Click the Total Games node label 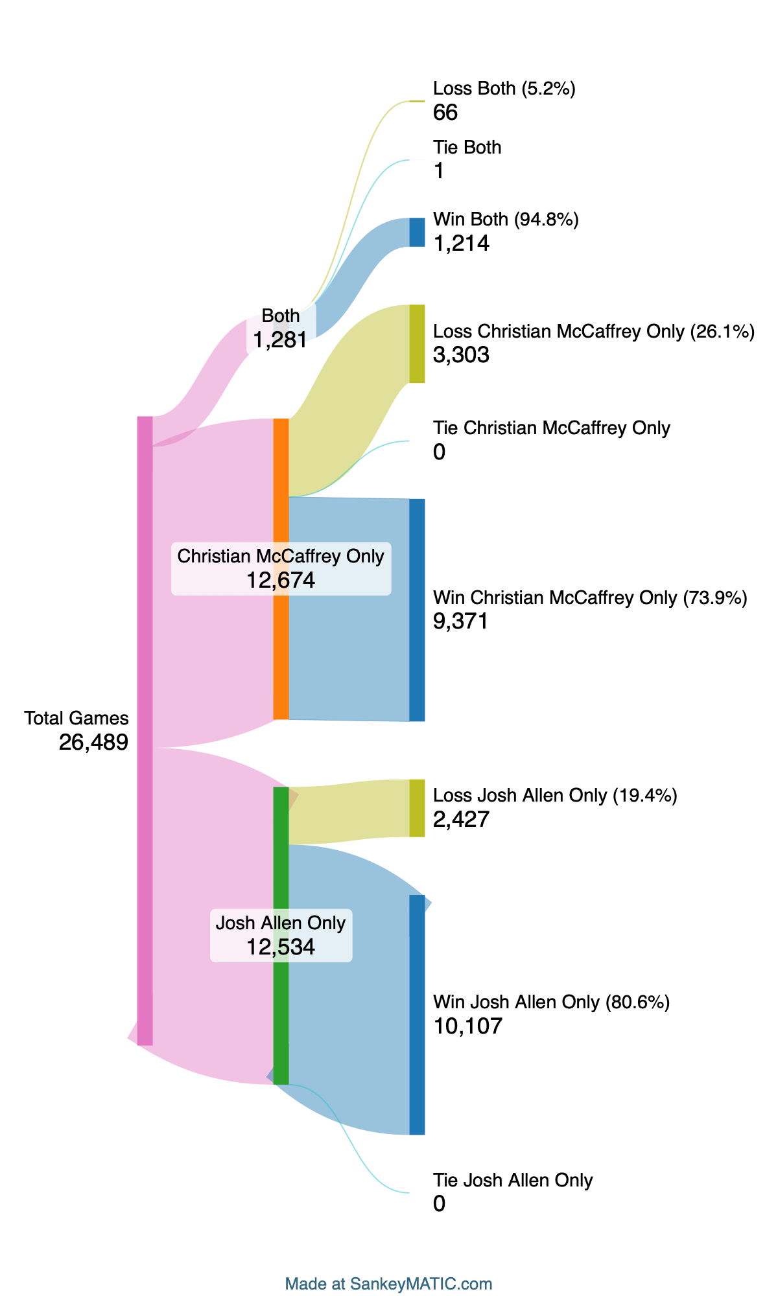click(x=77, y=718)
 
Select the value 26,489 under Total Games click(x=93, y=743)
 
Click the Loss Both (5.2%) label click(x=504, y=89)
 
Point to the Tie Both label click(x=467, y=148)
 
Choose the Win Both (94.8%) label click(x=506, y=220)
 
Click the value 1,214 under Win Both click(x=461, y=244)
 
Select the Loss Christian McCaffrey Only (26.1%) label click(x=593, y=332)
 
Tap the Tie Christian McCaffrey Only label click(x=551, y=428)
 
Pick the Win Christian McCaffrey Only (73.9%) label click(x=590, y=597)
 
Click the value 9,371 click(x=460, y=621)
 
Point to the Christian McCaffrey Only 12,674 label click(x=281, y=568)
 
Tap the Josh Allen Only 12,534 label click(x=281, y=935)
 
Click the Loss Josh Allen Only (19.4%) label click(x=554, y=796)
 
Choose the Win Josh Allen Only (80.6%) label click(x=551, y=1002)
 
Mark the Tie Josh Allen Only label click(x=513, y=1181)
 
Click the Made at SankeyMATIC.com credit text click(x=388, y=1284)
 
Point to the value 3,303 click(x=461, y=355)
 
